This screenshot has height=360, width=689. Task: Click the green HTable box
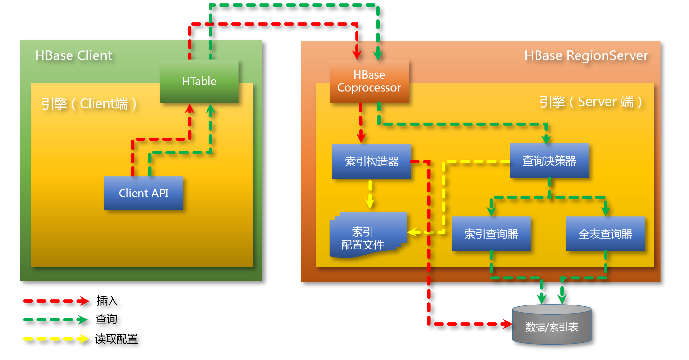tap(199, 81)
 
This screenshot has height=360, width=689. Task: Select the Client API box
tap(144, 193)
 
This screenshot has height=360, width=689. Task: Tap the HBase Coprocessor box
tap(369, 81)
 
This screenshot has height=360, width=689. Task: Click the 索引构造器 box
tap(372, 162)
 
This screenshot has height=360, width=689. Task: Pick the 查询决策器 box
tap(549, 161)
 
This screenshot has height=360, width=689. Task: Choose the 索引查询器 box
tap(491, 234)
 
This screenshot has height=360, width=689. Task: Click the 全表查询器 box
tap(606, 234)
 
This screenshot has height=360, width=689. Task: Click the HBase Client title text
tap(74, 55)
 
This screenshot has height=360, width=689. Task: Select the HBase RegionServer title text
tap(586, 55)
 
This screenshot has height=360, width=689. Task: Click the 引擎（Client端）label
tap(89, 103)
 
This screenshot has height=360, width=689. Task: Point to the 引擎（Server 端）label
tap(591, 102)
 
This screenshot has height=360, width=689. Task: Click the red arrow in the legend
tap(56, 301)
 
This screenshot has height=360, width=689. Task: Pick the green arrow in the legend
tap(56, 319)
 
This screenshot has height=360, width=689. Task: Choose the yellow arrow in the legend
tap(56, 338)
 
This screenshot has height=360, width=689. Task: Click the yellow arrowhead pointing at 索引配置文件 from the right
tap(412, 233)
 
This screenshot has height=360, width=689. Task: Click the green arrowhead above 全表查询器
tap(606, 210)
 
